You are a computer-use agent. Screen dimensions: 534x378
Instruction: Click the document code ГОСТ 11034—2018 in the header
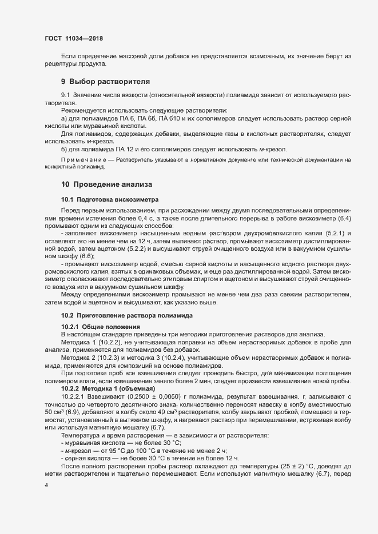coord(74,38)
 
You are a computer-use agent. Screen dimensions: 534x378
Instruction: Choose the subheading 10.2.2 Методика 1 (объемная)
coord(105,388)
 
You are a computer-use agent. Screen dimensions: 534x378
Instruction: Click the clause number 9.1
coord(65,94)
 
